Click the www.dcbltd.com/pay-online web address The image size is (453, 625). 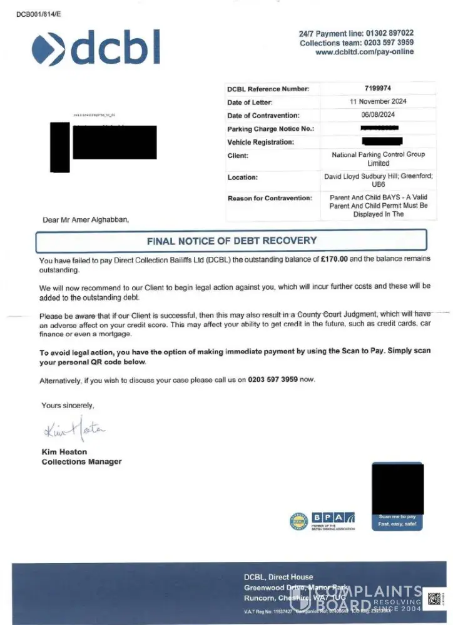pos(365,52)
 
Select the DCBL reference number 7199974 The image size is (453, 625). pos(377,89)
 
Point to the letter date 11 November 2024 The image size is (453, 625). pos(378,101)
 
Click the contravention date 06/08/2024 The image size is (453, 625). pos(378,115)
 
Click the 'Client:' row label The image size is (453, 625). pos(238,156)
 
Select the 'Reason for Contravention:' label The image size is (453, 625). pos(269,198)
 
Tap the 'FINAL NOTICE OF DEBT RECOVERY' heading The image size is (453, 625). pos(232,241)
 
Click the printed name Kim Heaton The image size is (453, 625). pos(64,452)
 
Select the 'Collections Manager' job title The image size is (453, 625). pos(81,462)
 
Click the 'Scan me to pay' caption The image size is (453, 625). pos(397,517)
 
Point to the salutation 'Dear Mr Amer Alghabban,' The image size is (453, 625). pos(86,219)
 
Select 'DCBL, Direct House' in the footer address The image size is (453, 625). pos(278,577)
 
